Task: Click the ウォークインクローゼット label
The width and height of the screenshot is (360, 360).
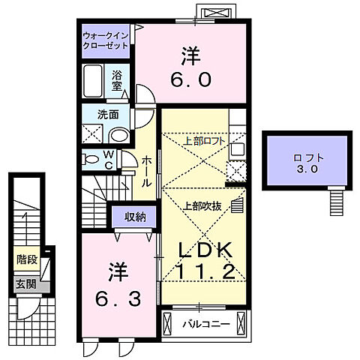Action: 106,40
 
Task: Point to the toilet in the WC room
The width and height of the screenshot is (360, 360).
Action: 91,159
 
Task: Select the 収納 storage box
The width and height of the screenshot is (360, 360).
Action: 135,217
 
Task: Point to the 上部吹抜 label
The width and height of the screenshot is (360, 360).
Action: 201,205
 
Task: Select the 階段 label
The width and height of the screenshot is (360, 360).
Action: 27,260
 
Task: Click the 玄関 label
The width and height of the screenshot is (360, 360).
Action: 27,284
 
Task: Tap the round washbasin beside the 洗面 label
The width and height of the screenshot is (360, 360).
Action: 118,134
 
